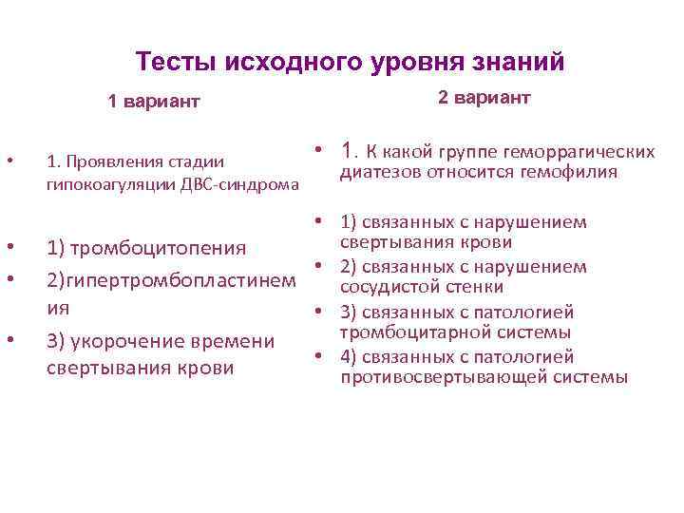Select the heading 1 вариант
(x=154, y=102)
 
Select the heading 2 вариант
(x=484, y=99)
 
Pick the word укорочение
(x=143, y=341)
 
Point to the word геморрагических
(x=582, y=152)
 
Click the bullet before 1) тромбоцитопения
(x=10, y=248)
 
